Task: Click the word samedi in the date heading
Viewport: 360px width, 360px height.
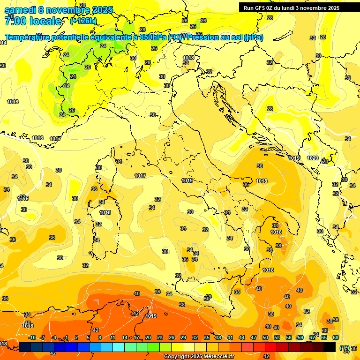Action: tap(20, 10)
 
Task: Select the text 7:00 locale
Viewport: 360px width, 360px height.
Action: tap(33, 21)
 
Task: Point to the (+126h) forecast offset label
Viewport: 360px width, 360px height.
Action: tap(83, 21)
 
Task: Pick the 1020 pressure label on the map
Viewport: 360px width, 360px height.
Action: tap(313, 158)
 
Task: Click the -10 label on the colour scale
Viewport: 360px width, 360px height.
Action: tap(32, 337)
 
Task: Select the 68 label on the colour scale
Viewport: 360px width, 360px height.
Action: tap(336, 337)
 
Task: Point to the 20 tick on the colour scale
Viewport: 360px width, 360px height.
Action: tap(148, 337)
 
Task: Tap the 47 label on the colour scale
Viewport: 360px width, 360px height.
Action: tap(254, 337)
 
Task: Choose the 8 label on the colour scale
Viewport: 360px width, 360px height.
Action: tap(100, 337)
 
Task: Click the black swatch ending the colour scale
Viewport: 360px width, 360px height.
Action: tap(330, 347)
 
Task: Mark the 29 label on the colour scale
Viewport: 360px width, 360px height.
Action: tap(183, 337)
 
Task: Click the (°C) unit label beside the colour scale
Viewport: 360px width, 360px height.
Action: tap(344, 348)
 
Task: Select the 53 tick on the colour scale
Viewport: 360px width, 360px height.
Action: tap(277, 337)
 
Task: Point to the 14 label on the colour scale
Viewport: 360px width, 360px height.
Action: tap(125, 337)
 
